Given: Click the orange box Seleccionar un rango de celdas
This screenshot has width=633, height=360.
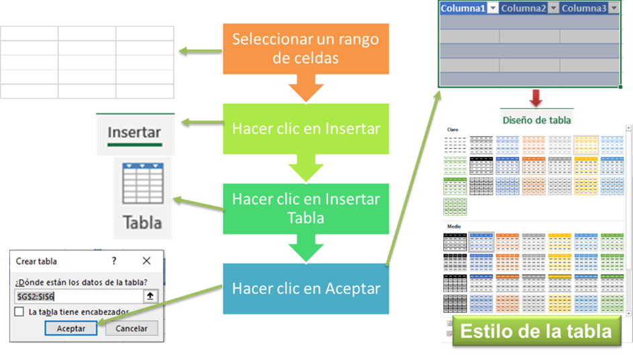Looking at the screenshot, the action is [306, 48].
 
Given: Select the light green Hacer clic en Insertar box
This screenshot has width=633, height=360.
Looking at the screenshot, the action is [306, 129].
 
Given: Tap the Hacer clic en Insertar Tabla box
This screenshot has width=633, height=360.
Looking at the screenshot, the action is [306, 208].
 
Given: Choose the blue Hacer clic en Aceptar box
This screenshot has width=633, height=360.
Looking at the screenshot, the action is [306, 288].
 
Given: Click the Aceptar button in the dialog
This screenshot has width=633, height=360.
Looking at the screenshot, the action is [71, 328].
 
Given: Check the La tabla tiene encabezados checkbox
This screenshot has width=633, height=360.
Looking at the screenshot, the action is [19, 312].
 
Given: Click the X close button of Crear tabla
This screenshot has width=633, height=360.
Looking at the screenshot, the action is [147, 261].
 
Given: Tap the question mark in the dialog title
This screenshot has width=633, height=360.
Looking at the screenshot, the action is [114, 261].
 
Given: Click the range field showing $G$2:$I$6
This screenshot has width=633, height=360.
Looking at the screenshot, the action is [78, 296].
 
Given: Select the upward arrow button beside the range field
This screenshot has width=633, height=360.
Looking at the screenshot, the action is [150, 296].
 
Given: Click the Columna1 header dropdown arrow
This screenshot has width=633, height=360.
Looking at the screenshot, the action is [493, 8].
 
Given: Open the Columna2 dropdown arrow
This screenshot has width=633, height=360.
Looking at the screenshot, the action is [553, 8].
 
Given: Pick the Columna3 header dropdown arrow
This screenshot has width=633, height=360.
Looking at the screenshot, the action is [614, 8].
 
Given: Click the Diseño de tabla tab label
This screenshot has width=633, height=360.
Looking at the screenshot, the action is [536, 120].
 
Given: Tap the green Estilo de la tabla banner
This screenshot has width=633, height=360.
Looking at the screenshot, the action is [536, 331].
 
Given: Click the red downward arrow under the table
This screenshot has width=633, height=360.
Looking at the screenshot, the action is [536, 98].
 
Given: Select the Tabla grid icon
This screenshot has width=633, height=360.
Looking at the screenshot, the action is [143, 184].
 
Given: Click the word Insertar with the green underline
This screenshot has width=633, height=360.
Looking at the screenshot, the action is [134, 132].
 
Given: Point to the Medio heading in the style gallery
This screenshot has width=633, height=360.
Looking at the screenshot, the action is [454, 227].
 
